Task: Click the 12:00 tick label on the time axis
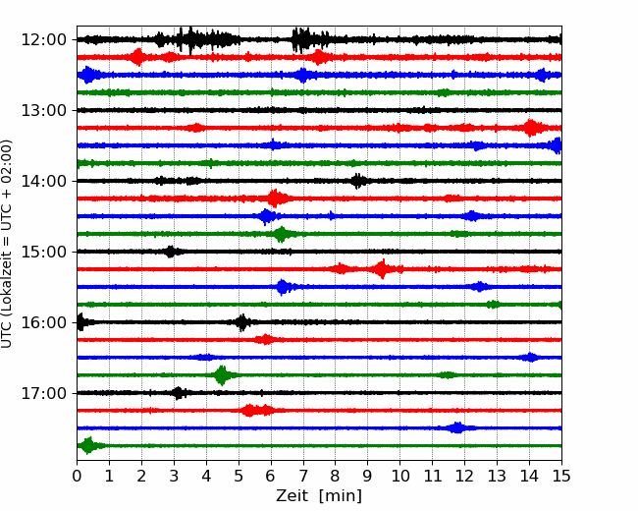click(43, 40)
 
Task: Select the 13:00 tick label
click(43, 110)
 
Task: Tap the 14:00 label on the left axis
click(43, 181)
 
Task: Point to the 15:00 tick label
click(43, 252)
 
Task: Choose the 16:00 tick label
click(43, 322)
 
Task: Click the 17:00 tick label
click(43, 393)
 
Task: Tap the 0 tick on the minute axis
click(77, 476)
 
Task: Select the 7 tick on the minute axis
click(303, 476)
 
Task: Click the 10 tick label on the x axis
click(399, 476)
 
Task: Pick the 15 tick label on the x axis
click(561, 476)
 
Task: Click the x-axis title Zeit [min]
click(319, 496)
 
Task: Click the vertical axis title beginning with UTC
click(7, 244)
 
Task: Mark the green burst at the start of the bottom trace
click(88, 445)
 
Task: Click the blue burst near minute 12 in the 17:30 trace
click(457, 427)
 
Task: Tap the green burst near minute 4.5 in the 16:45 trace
click(222, 375)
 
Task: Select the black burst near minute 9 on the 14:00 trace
click(357, 181)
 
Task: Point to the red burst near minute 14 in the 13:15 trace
click(531, 128)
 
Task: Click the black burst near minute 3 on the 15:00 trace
click(171, 252)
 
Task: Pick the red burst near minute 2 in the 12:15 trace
click(138, 57)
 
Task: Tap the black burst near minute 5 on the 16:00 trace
click(242, 322)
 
